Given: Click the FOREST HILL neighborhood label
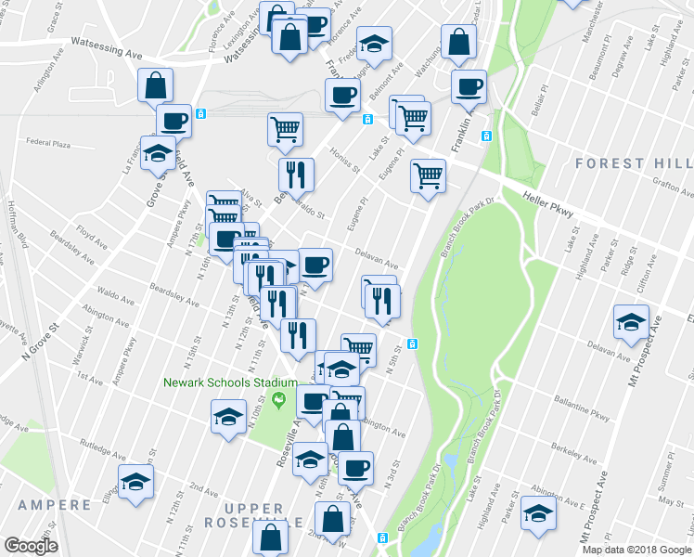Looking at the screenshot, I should point(635,163).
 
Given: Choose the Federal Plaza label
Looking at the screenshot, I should point(49,144).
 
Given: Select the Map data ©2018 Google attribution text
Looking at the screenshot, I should point(636,550).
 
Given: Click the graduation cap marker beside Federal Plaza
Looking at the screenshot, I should point(158,152).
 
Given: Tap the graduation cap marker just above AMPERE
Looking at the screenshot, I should point(136,481).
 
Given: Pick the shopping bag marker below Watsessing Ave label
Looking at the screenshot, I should point(155,85).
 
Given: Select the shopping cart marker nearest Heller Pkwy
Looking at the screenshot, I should point(428,175).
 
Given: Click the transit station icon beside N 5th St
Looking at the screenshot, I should point(412,343).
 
